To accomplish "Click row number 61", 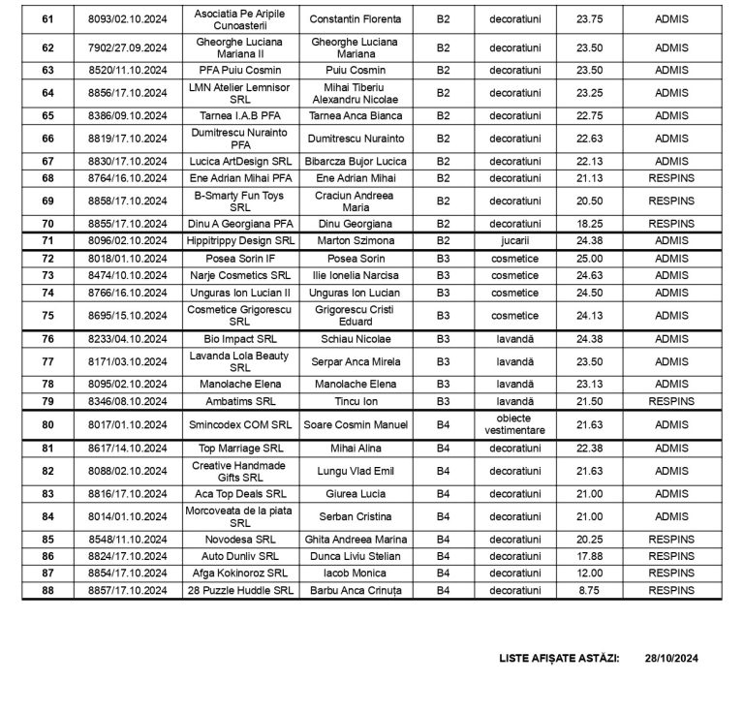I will point(47,19).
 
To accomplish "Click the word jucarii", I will point(513,241).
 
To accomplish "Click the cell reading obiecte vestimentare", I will point(513,424).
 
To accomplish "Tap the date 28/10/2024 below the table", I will point(670,658).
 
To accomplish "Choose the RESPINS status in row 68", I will point(670,178).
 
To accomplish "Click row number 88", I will point(47,590).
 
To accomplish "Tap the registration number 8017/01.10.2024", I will point(128,424).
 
